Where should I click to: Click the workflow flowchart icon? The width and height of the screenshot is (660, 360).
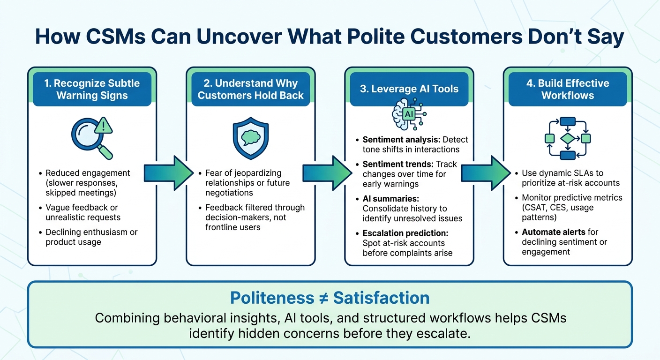[567, 138]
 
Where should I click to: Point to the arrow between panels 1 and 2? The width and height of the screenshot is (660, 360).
[169, 172]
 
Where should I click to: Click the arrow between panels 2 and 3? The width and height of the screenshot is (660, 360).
[327, 172]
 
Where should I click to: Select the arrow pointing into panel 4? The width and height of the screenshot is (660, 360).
[486, 172]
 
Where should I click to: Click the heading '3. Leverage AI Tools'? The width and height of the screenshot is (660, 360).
[409, 89]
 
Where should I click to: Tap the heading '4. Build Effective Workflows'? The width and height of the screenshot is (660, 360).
[567, 89]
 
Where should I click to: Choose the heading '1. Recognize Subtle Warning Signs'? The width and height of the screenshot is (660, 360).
[92, 89]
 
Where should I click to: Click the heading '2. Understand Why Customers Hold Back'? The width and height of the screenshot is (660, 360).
[251, 89]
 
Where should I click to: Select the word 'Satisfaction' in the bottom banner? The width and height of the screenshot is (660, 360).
[381, 298]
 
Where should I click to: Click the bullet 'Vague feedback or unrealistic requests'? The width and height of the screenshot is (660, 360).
[83, 212]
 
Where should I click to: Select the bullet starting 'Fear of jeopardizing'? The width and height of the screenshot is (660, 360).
[247, 183]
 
